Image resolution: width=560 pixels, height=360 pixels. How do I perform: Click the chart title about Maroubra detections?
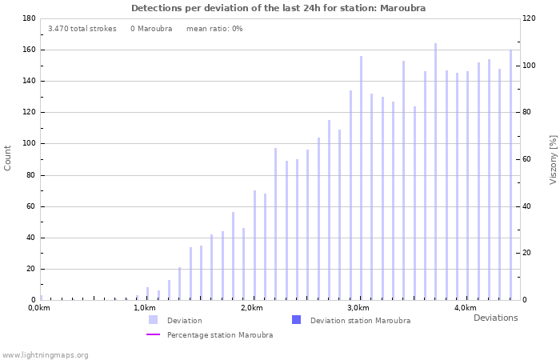coord(278,8)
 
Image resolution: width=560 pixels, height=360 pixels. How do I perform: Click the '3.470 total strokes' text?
coord(82,29)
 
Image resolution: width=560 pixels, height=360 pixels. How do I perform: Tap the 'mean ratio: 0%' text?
coord(214,29)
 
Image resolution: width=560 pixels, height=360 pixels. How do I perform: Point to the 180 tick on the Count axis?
coord(27,18)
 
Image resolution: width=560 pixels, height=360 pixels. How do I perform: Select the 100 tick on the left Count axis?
coord(27,144)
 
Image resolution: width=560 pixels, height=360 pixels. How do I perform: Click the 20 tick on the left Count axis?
coord(30,269)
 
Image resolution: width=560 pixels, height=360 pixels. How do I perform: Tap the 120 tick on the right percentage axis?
coord(529,18)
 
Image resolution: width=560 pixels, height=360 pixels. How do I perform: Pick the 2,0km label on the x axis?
coord(251,308)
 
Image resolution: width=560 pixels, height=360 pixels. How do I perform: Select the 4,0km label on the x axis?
coord(465,308)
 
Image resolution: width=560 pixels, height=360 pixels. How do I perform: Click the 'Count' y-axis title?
coord(8,158)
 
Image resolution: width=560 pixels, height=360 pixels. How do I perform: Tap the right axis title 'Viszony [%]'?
coord(553,159)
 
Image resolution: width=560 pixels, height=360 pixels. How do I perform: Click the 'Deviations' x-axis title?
coord(495,318)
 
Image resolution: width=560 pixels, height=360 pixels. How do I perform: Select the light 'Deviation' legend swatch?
coord(153,320)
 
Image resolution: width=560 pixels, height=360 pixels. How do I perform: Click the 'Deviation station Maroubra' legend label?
coord(360,321)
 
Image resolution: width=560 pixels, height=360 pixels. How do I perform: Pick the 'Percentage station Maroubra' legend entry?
coord(219,335)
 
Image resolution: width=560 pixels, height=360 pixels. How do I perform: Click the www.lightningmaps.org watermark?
coord(46,355)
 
